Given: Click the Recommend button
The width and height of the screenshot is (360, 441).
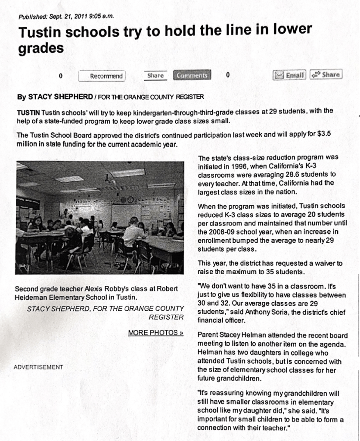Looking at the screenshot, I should pos(102,76).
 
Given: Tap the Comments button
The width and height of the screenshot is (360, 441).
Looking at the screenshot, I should pos(192,75).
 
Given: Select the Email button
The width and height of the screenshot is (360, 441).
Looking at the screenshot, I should pos(290,75).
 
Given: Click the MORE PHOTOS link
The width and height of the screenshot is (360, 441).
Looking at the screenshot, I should pos(155,333).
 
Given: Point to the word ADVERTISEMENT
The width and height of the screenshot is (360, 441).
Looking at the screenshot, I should pos(38,367).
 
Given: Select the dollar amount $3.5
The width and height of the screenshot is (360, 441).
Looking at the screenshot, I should pos(324,134).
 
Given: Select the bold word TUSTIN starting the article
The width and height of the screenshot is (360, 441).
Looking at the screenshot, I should pos(28,112).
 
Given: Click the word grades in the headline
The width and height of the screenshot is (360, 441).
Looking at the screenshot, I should pos(40,49).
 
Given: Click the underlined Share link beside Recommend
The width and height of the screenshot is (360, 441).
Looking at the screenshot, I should pos(155,75).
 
